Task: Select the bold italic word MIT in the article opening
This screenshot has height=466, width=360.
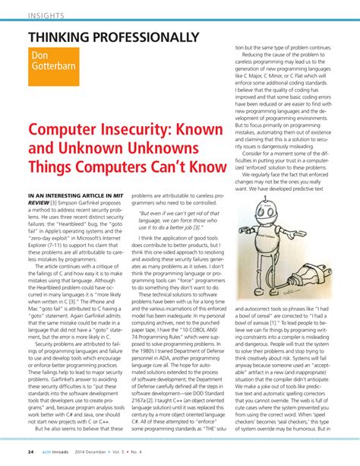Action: click(118, 195)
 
